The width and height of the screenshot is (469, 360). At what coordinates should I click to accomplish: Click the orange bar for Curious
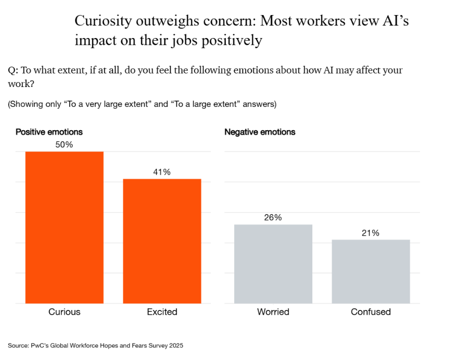[x=65, y=227]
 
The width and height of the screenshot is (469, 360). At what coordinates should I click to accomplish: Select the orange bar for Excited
[x=162, y=241]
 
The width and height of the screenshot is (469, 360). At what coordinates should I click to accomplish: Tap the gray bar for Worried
[x=273, y=264]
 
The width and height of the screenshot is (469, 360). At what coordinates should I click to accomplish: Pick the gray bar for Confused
[x=371, y=271]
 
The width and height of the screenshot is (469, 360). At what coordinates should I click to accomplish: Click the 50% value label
[x=64, y=145]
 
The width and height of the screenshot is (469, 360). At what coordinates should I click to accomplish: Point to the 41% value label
[x=162, y=172]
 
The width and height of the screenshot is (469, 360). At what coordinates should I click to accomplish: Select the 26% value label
[x=273, y=218]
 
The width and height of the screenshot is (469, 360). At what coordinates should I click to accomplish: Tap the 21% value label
[x=371, y=233]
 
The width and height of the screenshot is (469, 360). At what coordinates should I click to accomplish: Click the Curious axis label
[x=65, y=312]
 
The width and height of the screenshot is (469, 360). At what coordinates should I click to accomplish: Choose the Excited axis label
[x=162, y=312]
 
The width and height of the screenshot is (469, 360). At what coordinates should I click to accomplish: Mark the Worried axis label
[x=273, y=312]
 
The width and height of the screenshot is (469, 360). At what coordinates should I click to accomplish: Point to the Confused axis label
[x=371, y=312]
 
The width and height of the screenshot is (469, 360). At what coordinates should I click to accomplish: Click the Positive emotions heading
[x=49, y=132]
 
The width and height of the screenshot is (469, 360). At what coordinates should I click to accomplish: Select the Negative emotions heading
[x=260, y=132]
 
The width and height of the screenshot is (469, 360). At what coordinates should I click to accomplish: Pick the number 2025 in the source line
[x=175, y=345]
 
